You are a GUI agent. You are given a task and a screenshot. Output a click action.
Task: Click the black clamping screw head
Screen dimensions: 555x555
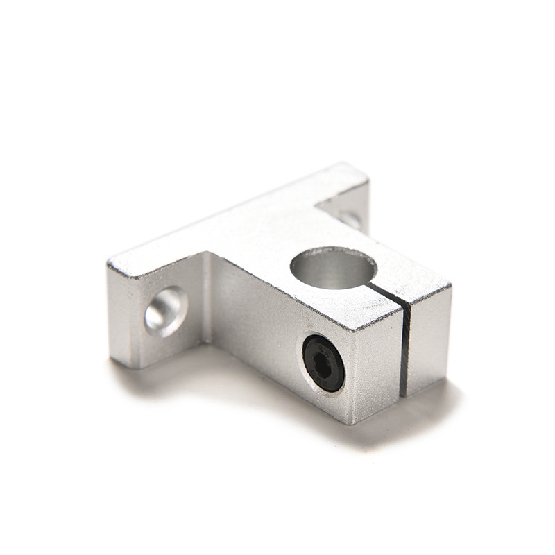[x=323, y=362]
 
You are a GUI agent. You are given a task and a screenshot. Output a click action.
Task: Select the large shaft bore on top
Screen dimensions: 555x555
[x=333, y=268]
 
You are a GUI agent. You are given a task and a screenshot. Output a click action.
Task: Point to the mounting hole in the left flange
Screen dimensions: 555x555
[x=166, y=310]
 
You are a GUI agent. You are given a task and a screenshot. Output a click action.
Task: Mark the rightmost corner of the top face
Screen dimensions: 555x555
[x=451, y=285]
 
